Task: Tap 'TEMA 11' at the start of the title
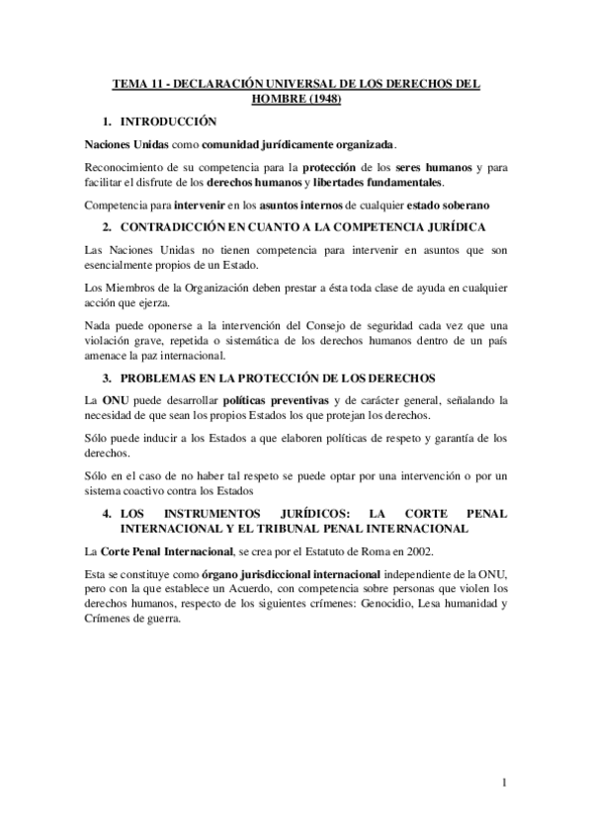pos(135,85)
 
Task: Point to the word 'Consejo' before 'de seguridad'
pos(296,325)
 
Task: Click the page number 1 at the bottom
pos(503,785)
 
